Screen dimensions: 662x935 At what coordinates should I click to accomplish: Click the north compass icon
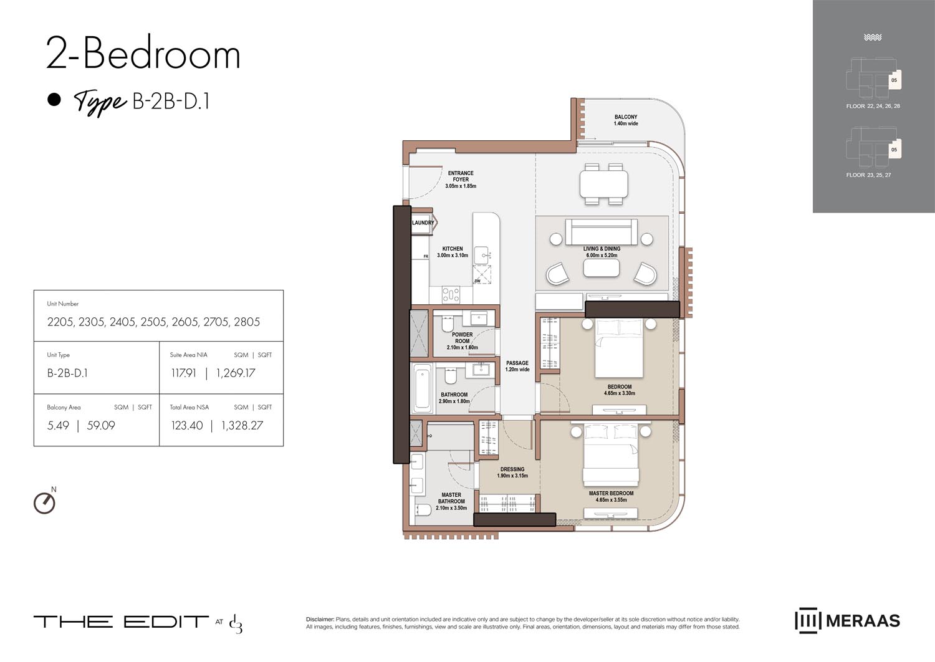tap(44, 502)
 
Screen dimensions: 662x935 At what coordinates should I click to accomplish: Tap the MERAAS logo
tap(847, 621)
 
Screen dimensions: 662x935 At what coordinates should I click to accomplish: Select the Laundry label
tap(423, 223)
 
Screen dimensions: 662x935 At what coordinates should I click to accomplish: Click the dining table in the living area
tap(603, 184)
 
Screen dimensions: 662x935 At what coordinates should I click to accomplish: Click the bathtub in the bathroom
tap(422, 387)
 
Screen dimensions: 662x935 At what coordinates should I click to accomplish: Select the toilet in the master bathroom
tap(423, 511)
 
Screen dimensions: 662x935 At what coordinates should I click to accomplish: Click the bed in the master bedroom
tap(611, 457)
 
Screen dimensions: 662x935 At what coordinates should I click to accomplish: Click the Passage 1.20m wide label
tap(517, 366)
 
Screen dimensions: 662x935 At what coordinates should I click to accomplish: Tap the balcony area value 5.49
tap(58, 426)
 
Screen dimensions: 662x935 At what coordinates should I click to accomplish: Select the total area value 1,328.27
tap(242, 426)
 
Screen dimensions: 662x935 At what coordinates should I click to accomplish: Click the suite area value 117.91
tap(183, 373)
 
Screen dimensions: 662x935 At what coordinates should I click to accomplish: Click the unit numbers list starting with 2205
tap(153, 322)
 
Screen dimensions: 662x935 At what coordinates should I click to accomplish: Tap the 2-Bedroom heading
tap(143, 54)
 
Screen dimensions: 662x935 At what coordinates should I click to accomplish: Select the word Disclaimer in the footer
tap(320, 620)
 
